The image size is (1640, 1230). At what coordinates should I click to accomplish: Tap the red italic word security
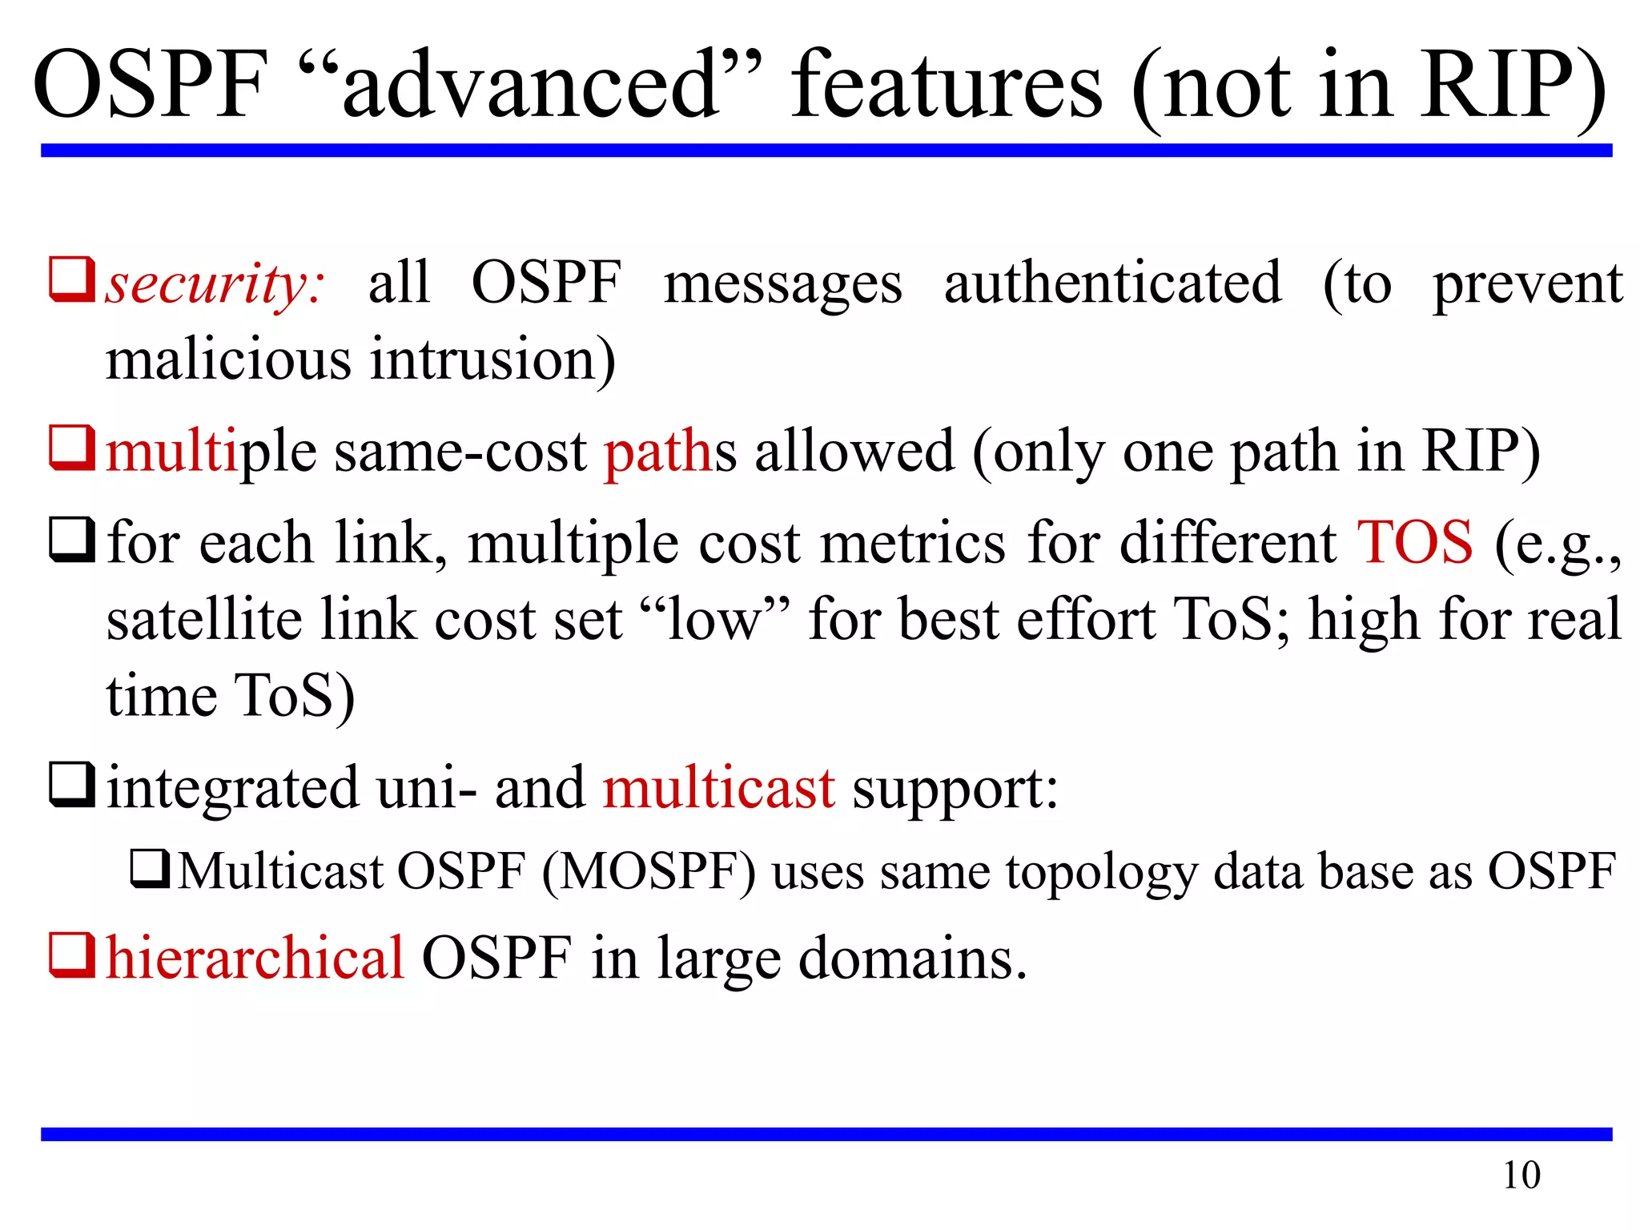(x=215, y=285)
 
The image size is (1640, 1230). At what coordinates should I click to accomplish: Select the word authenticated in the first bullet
(x=1112, y=283)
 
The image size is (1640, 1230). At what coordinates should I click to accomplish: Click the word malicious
(x=228, y=360)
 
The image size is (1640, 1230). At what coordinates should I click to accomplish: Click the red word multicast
(x=718, y=788)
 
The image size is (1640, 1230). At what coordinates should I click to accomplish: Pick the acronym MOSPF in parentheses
(x=649, y=871)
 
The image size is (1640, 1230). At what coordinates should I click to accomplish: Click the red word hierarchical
(x=255, y=958)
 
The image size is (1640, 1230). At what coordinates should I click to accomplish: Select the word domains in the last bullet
(x=912, y=959)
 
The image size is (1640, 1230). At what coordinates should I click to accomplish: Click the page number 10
(x=1521, y=1176)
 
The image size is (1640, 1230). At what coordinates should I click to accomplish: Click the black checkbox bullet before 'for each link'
(x=72, y=540)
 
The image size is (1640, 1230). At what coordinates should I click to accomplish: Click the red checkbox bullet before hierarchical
(x=72, y=955)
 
